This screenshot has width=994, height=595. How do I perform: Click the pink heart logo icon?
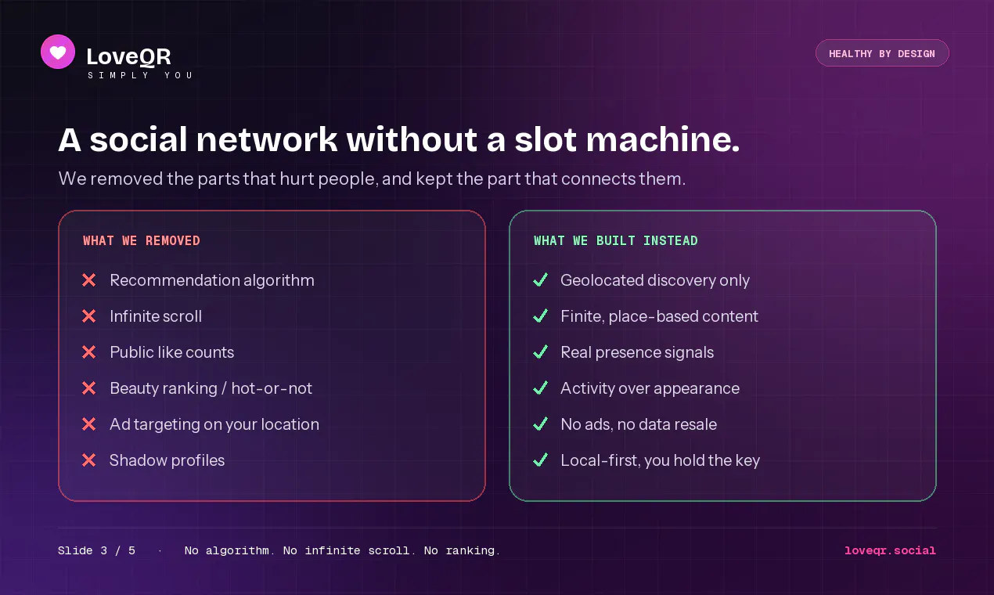(x=58, y=52)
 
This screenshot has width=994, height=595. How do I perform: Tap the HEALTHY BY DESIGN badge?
(x=882, y=53)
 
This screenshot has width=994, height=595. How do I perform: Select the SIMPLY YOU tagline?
(x=140, y=75)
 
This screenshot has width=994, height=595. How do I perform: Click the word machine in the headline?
(x=662, y=139)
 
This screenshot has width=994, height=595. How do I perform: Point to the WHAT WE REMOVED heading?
(x=142, y=240)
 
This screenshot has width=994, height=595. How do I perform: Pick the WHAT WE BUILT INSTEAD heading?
(x=615, y=240)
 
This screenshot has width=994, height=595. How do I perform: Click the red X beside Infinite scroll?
(x=88, y=316)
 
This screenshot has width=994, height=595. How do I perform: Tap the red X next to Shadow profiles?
(x=88, y=460)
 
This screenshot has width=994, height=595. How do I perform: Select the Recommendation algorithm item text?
(x=212, y=280)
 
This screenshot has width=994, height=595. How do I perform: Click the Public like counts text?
(x=171, y=352)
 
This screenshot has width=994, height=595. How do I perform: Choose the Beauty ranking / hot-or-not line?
(x=211, y=388)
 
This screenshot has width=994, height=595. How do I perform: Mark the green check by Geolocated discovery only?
(x=541, y=279)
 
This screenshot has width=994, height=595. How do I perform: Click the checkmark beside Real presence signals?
(x=541, y=352)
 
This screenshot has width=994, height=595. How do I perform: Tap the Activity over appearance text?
(x=650, y=388)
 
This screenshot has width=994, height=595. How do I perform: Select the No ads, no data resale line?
(x=639, y=424)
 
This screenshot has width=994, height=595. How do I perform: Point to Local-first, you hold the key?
(x=661, y=460)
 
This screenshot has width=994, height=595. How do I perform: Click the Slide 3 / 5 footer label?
(x=96, y=550)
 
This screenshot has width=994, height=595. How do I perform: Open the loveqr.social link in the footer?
(x=890, y=550)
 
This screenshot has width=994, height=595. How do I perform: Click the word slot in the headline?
(x=546, y=139)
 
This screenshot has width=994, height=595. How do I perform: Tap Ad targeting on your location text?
(x=214, y=424)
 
